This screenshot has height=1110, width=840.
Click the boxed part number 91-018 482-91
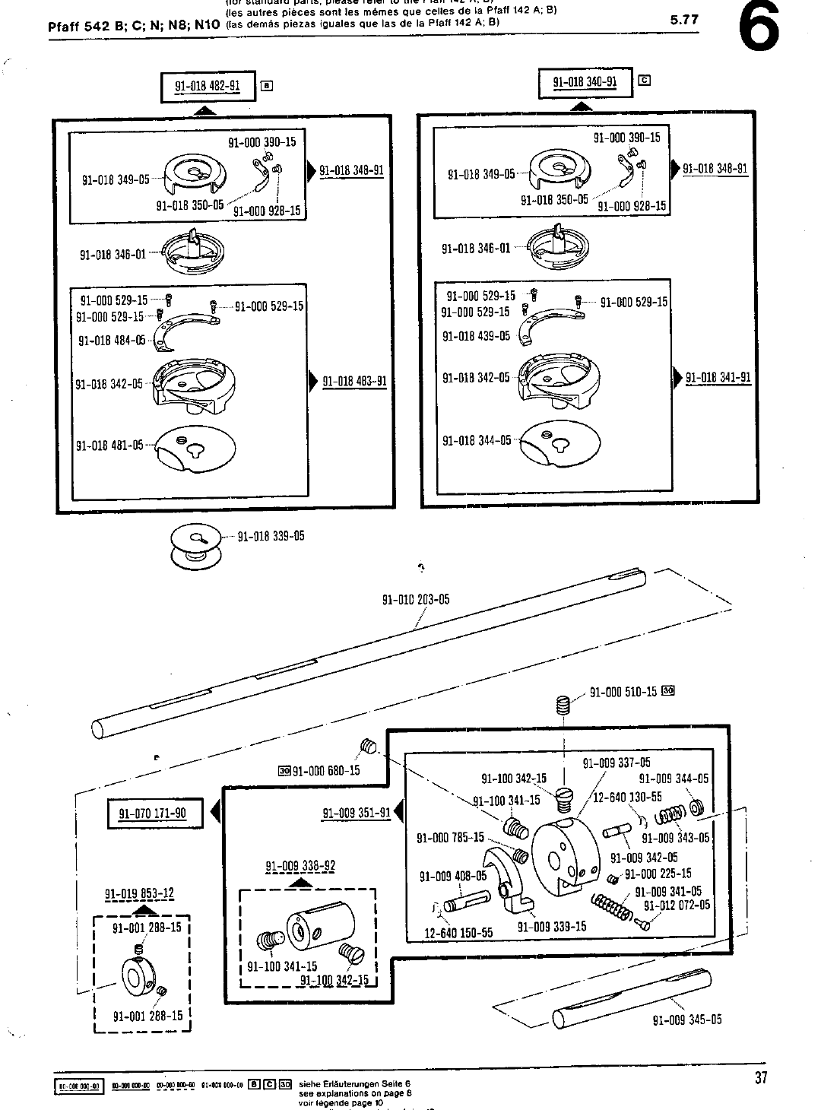pos(208,86)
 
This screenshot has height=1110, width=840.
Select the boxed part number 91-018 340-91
pos(585,82)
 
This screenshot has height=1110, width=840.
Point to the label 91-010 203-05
pos(415,600)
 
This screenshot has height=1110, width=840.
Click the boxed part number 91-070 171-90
pos(152,813)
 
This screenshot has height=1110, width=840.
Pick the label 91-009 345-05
pos(687,1020)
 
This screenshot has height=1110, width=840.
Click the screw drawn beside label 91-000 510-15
pos(563,706)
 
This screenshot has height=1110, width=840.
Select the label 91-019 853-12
pos(139,893)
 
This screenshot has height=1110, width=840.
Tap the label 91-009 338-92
pos(300,866)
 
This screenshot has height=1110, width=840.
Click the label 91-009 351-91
pos(357,813)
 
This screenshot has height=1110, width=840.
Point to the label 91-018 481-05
pos(109,446)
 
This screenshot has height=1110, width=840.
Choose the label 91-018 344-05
pos(477,441)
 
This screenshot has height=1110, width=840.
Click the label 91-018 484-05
pos(112,341)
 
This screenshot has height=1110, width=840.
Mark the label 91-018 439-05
pos(476,335)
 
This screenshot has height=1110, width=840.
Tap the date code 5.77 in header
pos(684,20)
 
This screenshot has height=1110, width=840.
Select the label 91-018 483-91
pos(355,382)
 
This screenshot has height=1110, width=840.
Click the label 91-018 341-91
pos(718,378)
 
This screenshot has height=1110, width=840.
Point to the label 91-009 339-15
pos(552,927)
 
